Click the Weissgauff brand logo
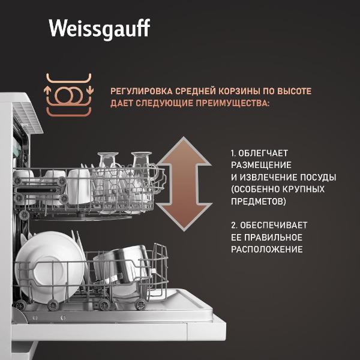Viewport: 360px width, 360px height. (100, 29)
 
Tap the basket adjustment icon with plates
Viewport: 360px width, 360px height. (69, 95)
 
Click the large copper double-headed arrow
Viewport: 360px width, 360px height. (184, 184)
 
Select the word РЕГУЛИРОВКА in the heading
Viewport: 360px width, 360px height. (142, 91)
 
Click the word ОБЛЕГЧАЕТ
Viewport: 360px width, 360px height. (263, 153)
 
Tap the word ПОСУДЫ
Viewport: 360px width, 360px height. (318, 177)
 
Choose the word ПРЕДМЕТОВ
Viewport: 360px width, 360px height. (259, 202)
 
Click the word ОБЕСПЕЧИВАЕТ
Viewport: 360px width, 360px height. (274, 225)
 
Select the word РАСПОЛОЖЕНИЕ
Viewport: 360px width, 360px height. (267, 250)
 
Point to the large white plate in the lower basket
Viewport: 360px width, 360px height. (49, 266)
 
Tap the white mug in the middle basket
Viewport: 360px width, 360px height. (79, 187)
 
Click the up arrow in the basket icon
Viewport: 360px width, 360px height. (47, 90)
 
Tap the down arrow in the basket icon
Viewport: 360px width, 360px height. (90, 90)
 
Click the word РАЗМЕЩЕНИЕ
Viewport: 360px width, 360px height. (261, 166)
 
